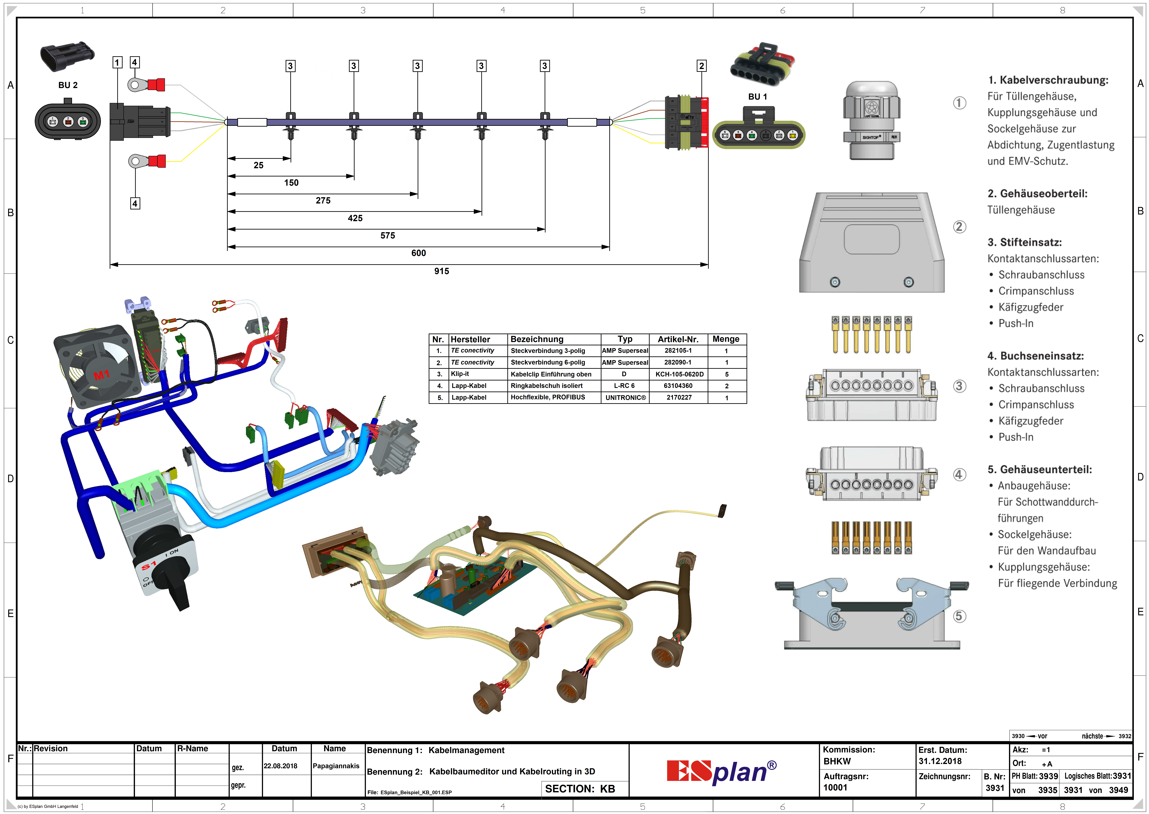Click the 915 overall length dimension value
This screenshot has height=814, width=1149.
pyautogui.click(x=441, y=271)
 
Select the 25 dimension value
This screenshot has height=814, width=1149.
pyautogui.click(x=258, y=165)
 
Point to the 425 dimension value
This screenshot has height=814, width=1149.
pyautogui.click(x=355, y=218)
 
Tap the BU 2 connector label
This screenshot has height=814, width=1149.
pyautogui.click(x=68, y=85)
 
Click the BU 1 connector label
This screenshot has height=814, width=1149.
pyautogui.click(x=757, y=97)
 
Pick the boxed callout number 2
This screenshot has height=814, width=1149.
pyautogui.click(x=702, y=66)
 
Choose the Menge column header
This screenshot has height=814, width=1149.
pyautogui.click(x=726, y=339)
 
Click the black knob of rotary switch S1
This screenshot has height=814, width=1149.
pyautogui.click(x=173, y=586)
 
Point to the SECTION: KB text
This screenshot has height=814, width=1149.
pyautogui.click(x=580, y=789)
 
